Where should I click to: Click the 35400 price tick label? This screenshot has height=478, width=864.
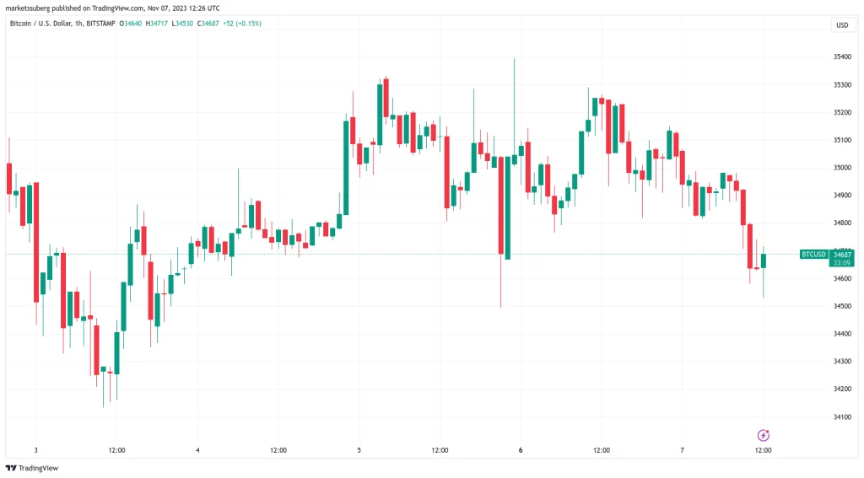point(841,57)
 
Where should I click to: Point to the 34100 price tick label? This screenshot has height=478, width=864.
point(841,416)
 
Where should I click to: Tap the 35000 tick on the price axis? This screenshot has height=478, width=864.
point(841,168)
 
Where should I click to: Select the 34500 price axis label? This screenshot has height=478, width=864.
point(841,306)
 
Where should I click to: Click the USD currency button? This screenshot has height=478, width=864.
point(841,25)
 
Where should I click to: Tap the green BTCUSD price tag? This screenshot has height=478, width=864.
point(813,254)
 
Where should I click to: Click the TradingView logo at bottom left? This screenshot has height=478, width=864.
point(27,468)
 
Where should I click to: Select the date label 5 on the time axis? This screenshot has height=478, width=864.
point(359,451)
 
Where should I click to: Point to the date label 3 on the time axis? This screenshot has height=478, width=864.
point(35,451)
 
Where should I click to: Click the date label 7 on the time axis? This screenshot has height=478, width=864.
point(683,451)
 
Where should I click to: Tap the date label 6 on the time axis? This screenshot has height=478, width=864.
point(521,451)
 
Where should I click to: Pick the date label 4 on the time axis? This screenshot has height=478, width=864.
point(197,451)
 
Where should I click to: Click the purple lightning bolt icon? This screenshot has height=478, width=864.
point(764,435)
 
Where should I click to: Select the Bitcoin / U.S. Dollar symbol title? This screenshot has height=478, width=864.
point(43,24)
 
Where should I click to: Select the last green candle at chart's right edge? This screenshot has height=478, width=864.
point(764,260)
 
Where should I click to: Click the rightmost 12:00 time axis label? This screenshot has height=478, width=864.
point(764,451)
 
